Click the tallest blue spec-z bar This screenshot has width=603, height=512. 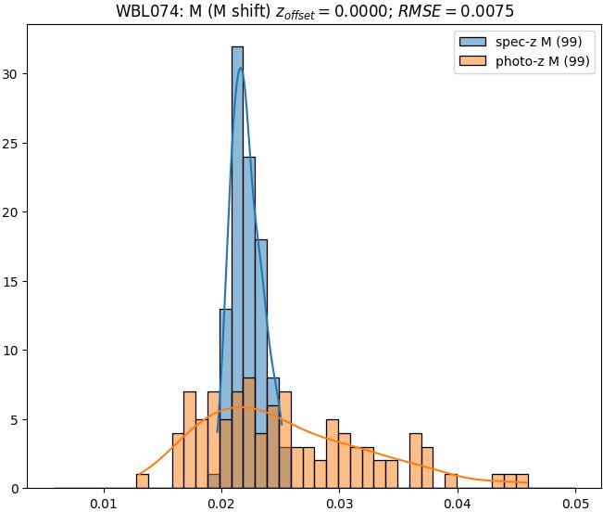point(237,260)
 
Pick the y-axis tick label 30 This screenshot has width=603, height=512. point(13,74)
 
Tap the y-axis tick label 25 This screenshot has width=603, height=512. point(13,143)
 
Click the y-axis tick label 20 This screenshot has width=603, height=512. point(13,212)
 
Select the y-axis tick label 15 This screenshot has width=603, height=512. point(13,281)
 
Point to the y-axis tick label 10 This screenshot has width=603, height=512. point(13,351)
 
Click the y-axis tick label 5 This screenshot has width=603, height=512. point(17,419)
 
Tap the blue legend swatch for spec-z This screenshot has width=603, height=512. point(471,43)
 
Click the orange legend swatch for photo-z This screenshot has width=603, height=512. point(471,62)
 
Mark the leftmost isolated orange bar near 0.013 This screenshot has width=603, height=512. point(142,481)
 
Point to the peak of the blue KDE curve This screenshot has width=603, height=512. point(240,68)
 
